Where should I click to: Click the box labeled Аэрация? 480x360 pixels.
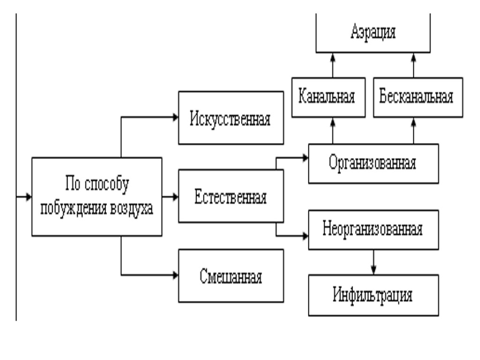point(373,34)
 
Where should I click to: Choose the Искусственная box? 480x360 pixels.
point(231,117)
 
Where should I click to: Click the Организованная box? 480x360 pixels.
point(374,163)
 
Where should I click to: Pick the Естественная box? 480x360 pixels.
point(231,195)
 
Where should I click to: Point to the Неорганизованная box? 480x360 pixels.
point(374,229)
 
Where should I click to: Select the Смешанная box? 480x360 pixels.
point(231,275)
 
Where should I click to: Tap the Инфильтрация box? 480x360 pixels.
point(374,295)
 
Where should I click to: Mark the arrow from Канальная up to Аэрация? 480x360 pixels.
point(332,65)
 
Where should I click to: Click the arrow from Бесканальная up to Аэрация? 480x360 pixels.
point(413,65)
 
